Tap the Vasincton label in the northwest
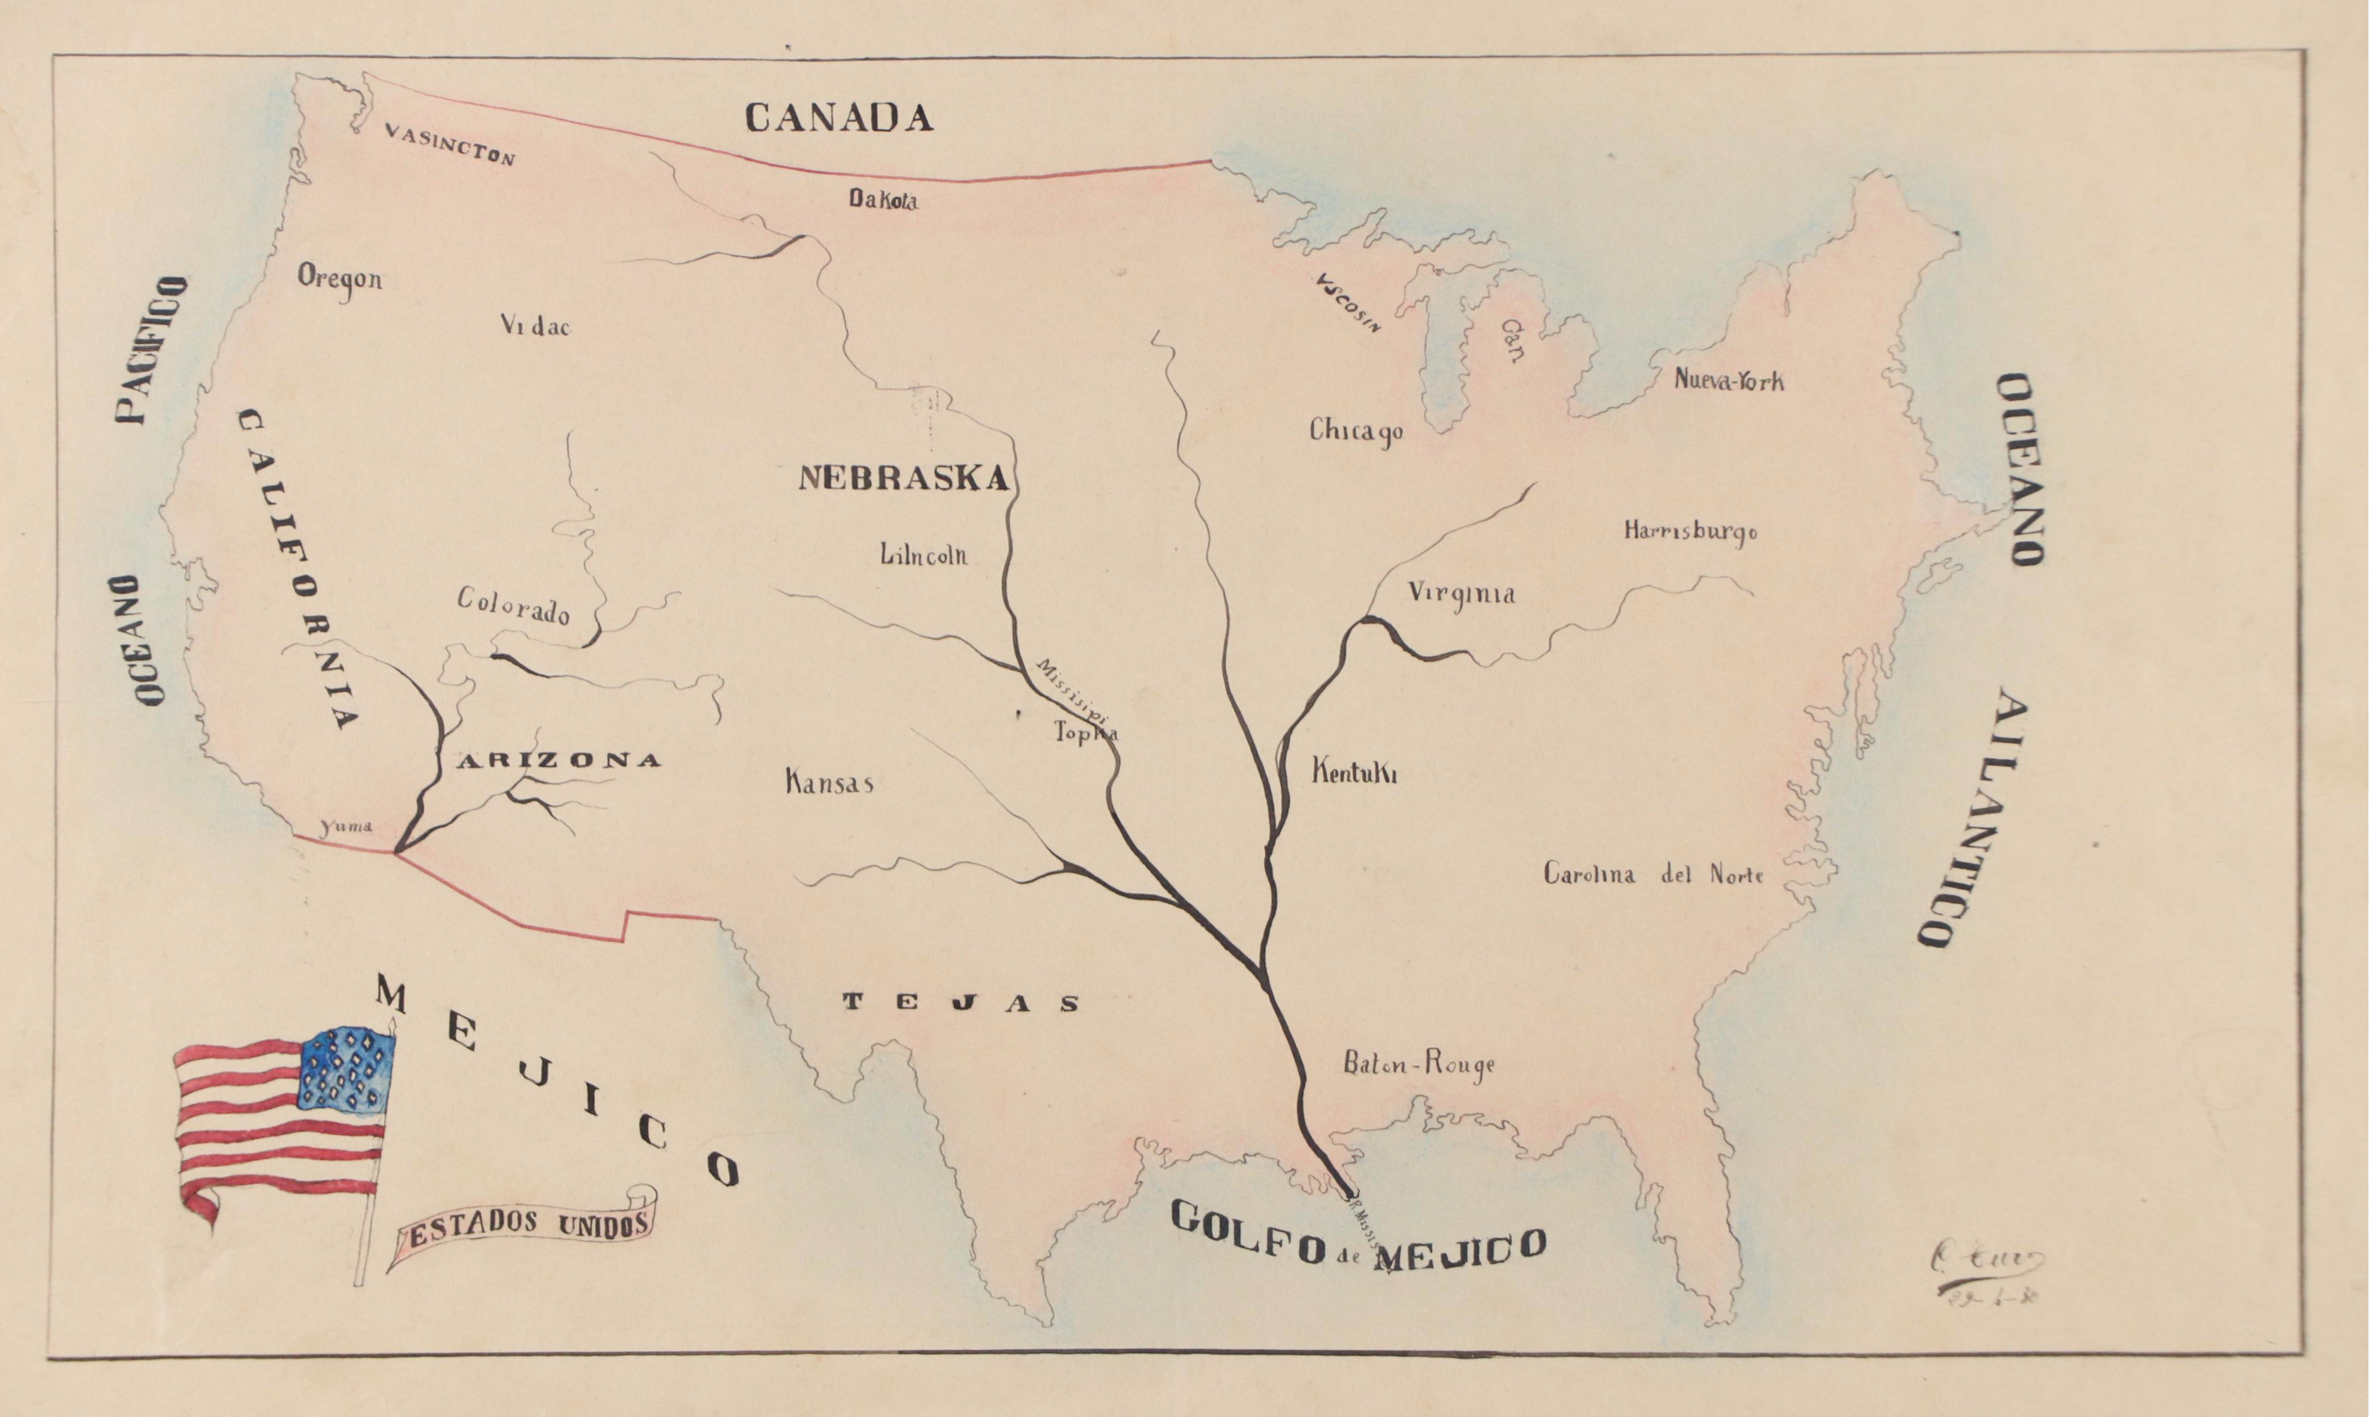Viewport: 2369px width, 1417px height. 450,145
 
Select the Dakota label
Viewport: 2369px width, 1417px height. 883,200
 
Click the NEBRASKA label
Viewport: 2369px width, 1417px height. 903,477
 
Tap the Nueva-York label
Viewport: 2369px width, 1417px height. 1729,380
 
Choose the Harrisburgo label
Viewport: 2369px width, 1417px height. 1690,531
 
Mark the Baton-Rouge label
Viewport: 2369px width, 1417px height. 1419,1064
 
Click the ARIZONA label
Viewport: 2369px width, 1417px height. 558,761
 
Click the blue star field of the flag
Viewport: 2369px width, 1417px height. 347,1069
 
